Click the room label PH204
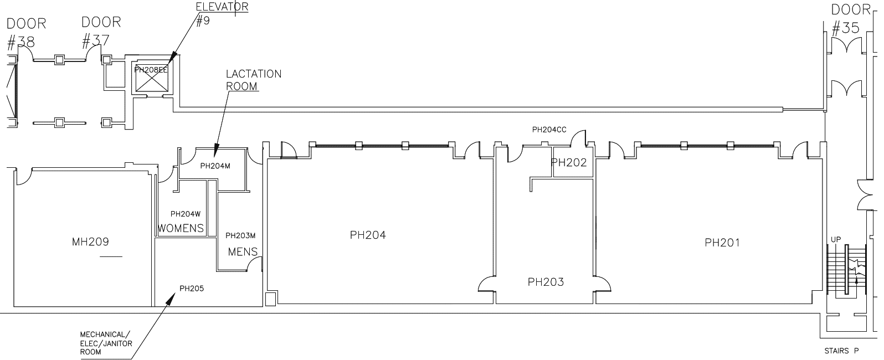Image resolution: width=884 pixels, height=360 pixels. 368,235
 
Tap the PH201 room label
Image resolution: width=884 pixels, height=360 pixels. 722,242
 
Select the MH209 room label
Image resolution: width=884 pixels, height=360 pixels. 90,241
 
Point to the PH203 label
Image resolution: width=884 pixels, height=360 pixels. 546,282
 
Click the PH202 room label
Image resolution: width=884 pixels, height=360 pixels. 569,163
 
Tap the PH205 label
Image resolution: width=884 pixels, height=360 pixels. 192,288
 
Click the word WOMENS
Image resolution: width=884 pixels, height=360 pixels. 181,228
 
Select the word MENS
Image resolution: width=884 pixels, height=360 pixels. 243,252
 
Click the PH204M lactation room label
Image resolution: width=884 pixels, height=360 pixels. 215,165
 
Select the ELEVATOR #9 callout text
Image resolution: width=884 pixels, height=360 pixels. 222,13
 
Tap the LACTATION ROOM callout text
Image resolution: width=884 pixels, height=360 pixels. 253,80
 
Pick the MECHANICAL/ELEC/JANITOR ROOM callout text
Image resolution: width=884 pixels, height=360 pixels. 106,343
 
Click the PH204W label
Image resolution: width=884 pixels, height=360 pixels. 185,214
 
